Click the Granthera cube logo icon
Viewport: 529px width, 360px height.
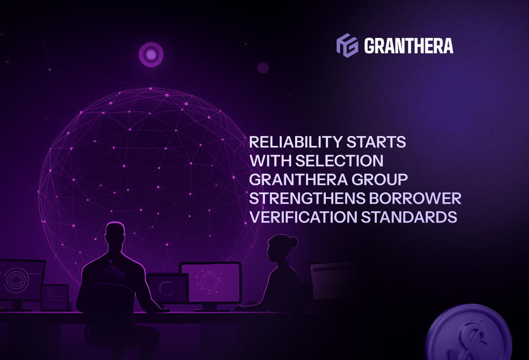pyautogui.click(x=347, y=45)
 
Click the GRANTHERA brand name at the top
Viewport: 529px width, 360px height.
pyautogui.click(x=408, y=46)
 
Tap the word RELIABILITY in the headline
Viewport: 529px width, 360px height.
pyautogui.click(x=295, y=142)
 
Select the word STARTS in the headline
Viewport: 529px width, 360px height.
pyautogui.click(x=376, y=142)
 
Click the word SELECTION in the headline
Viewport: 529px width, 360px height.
pyautogui.click(x=339, y=161)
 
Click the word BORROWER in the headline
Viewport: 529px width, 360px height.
pyautogui.click(x=415, y=198)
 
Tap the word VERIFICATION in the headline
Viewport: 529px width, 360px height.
pyautogui.click(x=303, y=217)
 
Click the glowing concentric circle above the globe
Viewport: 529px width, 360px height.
pyautogui.click(x=151, y=54)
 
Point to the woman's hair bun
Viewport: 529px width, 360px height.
pyautogui.click(x=293, y=242)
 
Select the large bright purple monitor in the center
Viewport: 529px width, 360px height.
pyautogui.click(x=211, y=282)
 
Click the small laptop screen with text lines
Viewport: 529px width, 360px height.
pyautogui.click(x=55, y=297)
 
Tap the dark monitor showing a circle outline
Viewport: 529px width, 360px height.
pyautogui.click(x=168, y=288)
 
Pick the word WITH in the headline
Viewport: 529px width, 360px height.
pyautogui.click(x=270, y=161)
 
